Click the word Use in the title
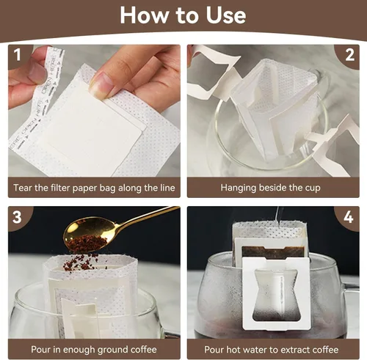click(225, 15)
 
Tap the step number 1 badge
click(18, 54)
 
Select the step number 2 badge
click(349, 55)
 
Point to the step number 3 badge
click(18, 216)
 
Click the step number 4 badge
click(349, 217)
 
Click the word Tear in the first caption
click(23, 188)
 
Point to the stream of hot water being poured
click(278, 215)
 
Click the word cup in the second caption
click(313, 188)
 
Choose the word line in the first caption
click(167, 188)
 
